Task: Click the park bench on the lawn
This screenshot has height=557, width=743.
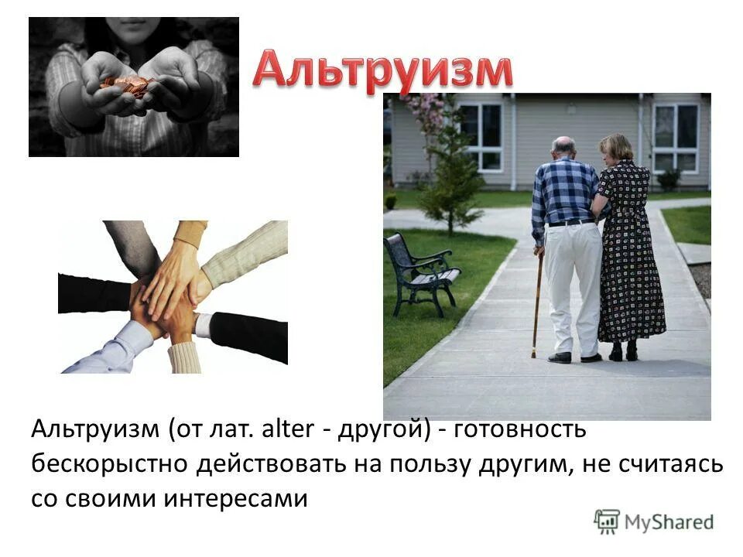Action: tap(419, 271)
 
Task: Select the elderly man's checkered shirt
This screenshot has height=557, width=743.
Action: tap(566, 190)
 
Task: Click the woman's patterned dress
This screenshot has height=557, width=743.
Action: tap(631, 255)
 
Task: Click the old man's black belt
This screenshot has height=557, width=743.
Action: tap(571, 223)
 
